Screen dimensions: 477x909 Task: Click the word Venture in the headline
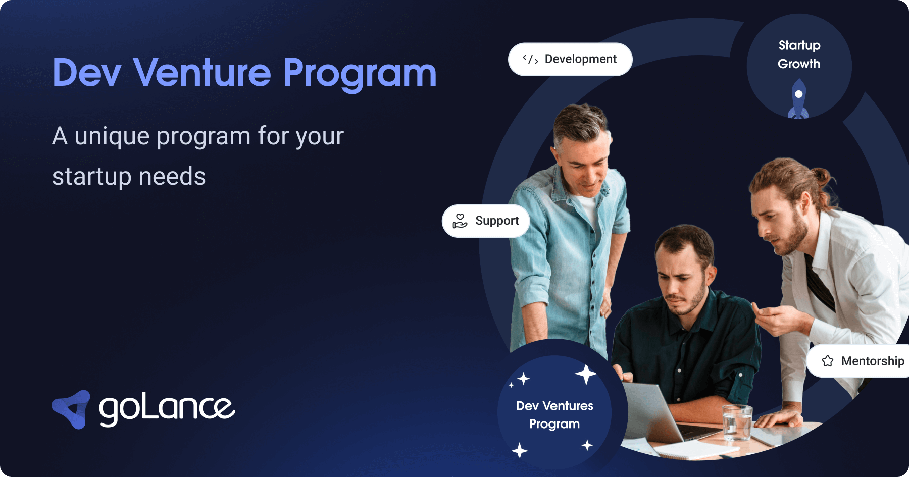[x=202, y=73]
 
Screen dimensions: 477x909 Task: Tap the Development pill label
[x=580, y=59]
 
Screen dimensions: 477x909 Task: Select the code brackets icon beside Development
[x=530, y=59]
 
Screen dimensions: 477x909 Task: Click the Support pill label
[x=497, y=221]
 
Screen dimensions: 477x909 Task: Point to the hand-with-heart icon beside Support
[x=460, y=221]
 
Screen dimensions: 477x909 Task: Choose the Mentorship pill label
[x=872, y=361]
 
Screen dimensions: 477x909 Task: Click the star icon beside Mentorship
[x=828, y=361]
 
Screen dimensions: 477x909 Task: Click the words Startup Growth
[x=799, y=55]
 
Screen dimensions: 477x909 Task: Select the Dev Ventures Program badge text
[x=554, y=414]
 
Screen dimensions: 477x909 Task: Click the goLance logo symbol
[x=72, y=409]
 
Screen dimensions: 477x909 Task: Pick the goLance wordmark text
[x=167, y=409]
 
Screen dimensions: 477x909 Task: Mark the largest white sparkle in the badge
[x=586, y=375]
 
